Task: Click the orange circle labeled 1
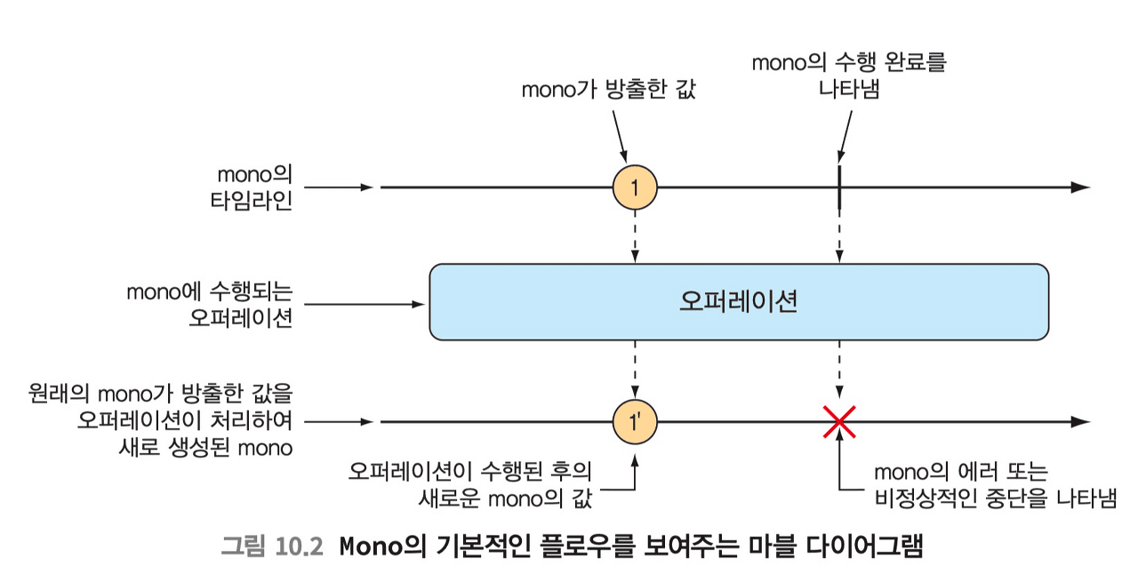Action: tap(634, 187)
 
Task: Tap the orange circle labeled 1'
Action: tap(634, 421)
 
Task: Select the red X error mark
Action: tap(838, 421)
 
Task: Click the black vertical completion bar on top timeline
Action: tap(838, 187)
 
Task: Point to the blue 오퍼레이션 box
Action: tap(738, 302)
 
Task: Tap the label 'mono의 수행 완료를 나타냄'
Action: tap(848, 76)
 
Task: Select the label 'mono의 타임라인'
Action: tap(254, 187)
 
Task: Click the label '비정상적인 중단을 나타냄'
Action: tap(995, 498)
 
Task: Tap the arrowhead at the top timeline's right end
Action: tap(1080, 187)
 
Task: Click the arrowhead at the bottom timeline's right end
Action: tap(1080, 421)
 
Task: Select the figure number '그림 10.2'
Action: tap(270, 546)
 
